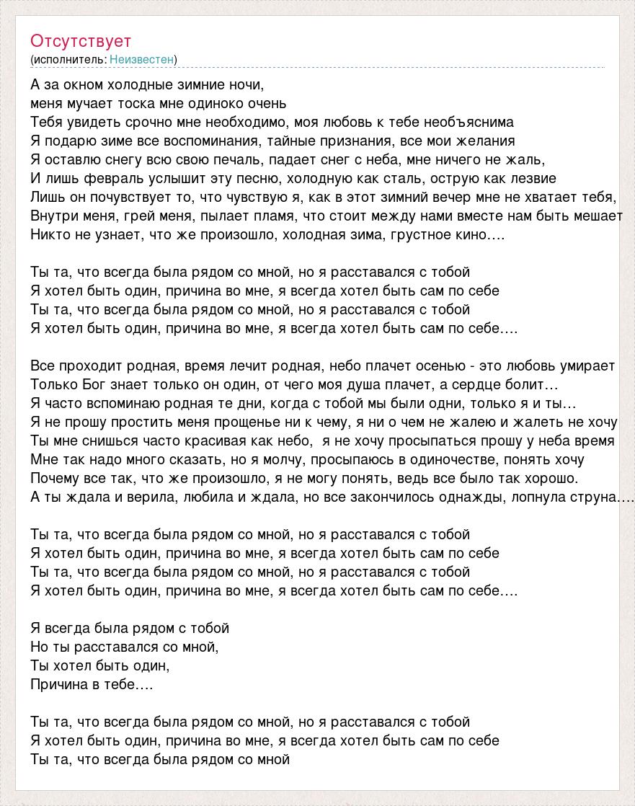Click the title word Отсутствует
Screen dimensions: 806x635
pos(81,41)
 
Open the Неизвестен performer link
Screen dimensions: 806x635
pos(142,59)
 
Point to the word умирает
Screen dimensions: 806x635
pos(583,366)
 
